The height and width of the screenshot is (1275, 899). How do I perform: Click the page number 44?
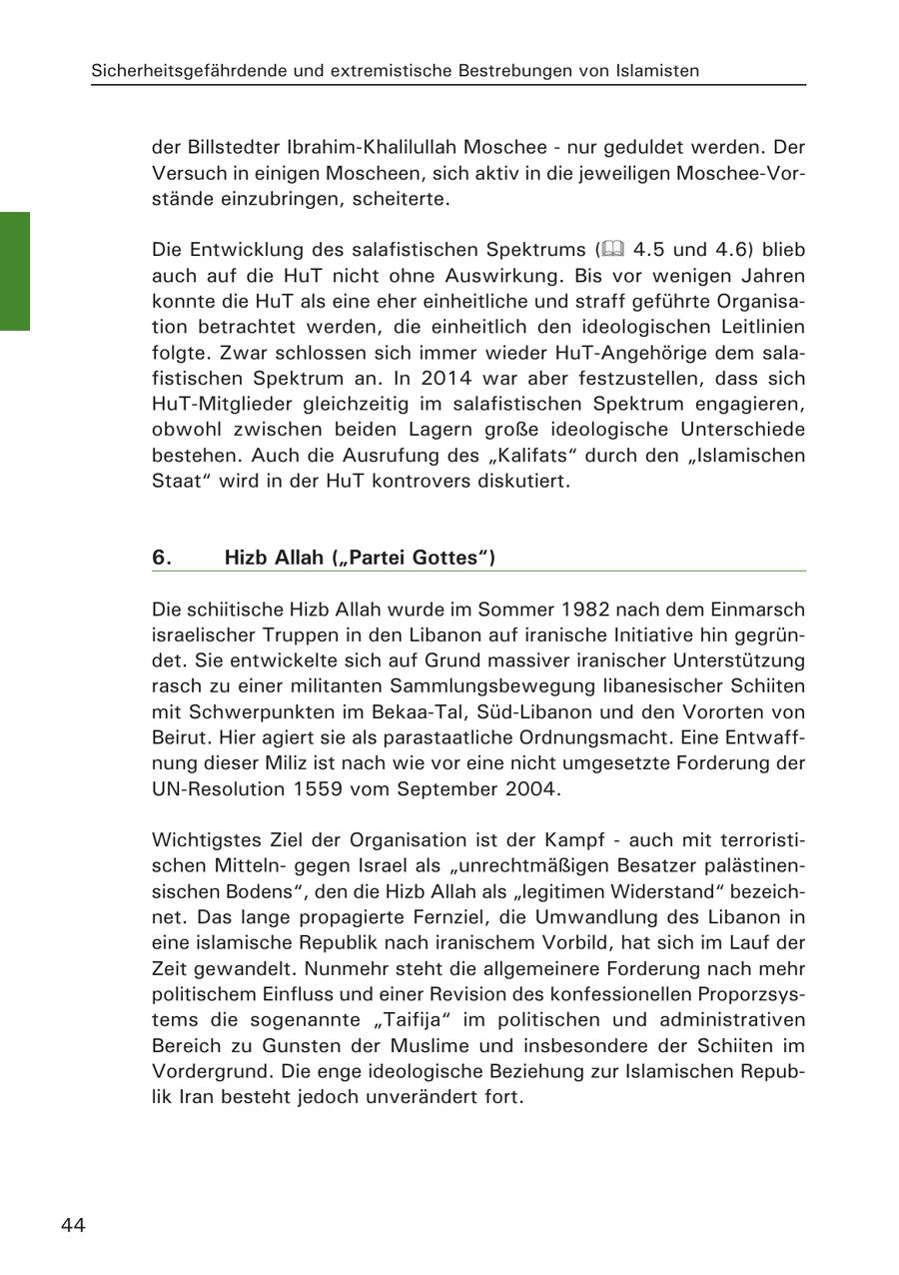coord(73,1225)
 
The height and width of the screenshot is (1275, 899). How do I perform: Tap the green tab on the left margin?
coord(15,270)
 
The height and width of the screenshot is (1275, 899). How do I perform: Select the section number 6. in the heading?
coord(163,558)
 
